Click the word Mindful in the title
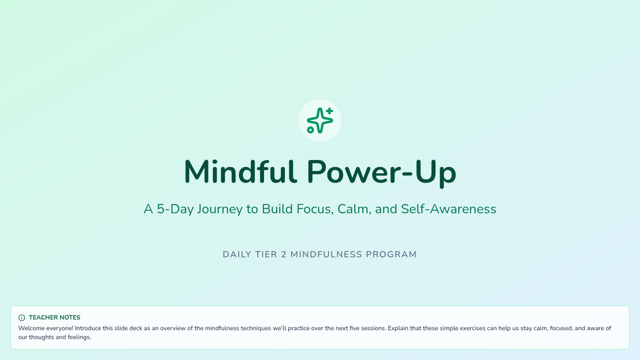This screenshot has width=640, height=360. coord(241,171)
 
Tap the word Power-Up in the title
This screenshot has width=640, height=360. coord(381,173)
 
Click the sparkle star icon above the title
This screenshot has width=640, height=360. coord(319,121)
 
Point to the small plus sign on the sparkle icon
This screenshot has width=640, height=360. coord(330,110)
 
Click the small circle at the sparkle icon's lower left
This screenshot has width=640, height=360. coord(310,130)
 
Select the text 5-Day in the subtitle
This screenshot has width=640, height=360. coord(175,209)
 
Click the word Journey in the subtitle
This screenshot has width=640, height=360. coord(220,210)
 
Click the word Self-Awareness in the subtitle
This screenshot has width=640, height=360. coord(449,209)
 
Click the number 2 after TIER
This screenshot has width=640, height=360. coord(284,254)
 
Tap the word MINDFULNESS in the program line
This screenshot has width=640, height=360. coord(326,254)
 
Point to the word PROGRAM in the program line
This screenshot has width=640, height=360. coord(391,254)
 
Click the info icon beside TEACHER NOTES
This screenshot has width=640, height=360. coord(22,318)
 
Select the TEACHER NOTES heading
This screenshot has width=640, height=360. coord(54,317)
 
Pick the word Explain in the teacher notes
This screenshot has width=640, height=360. coord(398,329)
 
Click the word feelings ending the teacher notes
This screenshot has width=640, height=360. coord(79,338)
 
